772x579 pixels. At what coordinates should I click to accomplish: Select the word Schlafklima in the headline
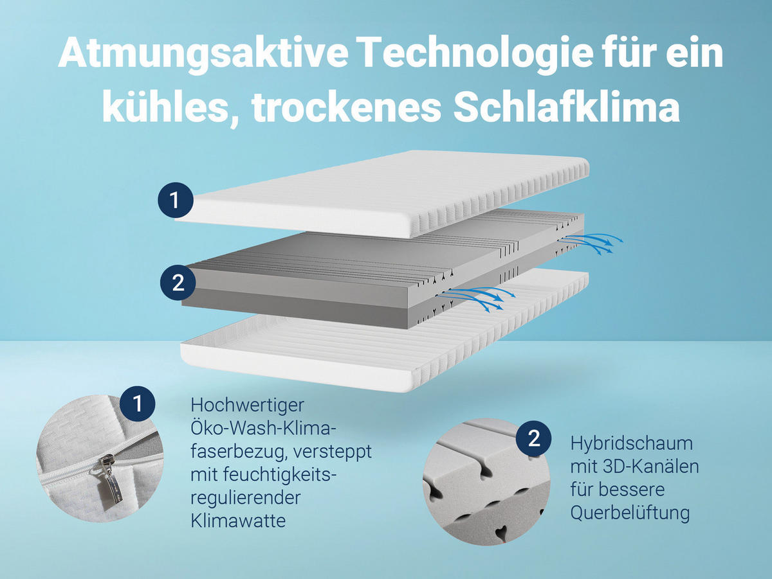567,109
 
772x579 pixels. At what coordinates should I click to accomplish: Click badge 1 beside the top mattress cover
176,201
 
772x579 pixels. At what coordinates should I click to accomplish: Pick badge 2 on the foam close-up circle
533,439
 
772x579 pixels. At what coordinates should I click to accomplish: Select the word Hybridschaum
622,443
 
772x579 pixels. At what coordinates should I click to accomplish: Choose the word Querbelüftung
630,513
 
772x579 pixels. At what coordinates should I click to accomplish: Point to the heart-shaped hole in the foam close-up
501,532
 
